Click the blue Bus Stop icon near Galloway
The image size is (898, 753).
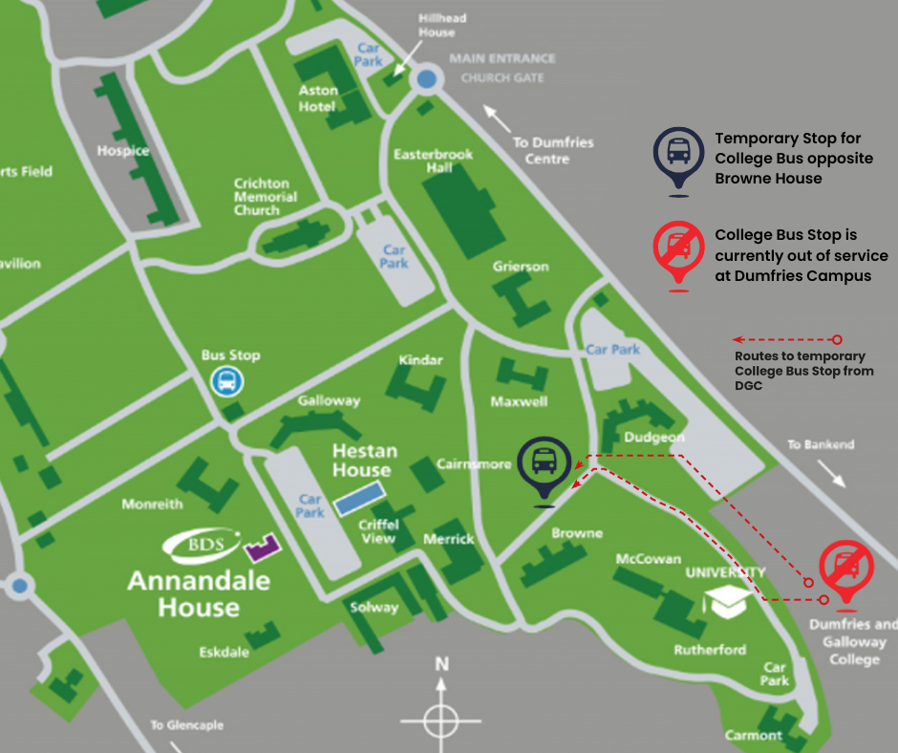click(227, 381)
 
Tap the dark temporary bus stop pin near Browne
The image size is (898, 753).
click(544, 463)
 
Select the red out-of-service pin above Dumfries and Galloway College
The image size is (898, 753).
click(845, 570)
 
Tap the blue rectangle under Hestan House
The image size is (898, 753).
click(361, 497)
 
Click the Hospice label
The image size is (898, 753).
click(123, 150)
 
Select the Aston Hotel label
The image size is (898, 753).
click(317, 98)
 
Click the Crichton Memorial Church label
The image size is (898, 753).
click(266, 197)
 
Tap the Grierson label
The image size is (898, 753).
click(521, 267)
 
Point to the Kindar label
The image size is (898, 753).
click(421, 360)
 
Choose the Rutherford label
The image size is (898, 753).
click(710, 650)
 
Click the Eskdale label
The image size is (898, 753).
click(224, 653)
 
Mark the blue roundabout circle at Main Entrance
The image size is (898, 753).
click(427, 79)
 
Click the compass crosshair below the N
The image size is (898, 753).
click(440, 718)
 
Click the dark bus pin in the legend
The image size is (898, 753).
click(678, 154)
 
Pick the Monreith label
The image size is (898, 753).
click(152, 504)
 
